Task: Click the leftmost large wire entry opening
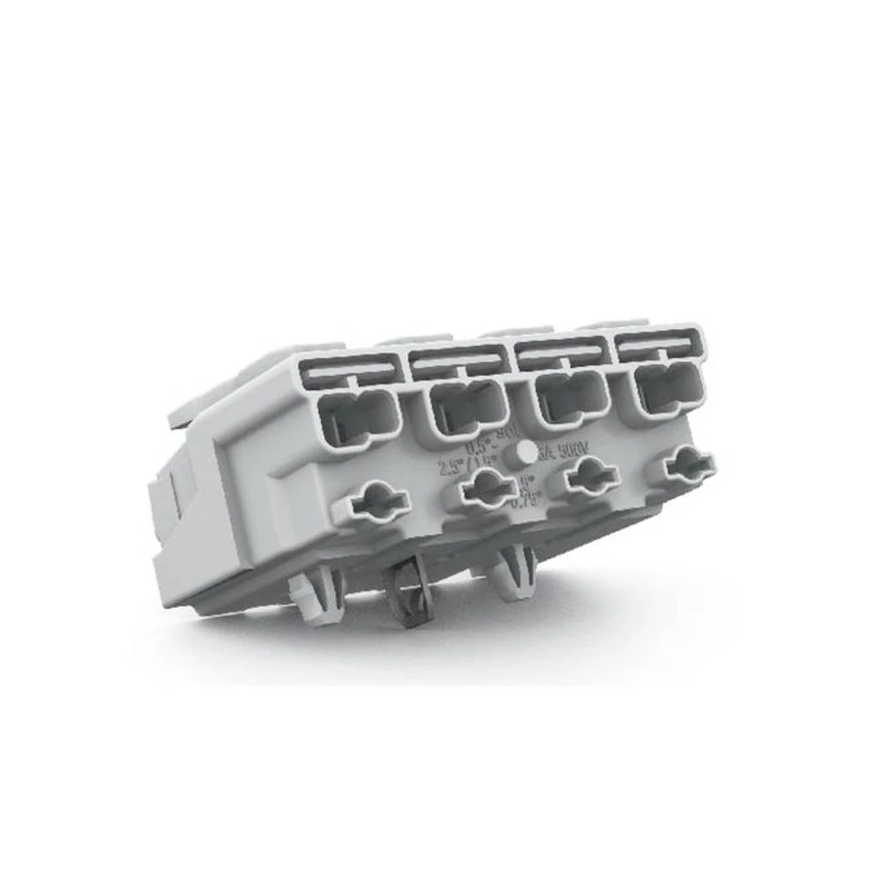pyautogui.click(x=358, y=417)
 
